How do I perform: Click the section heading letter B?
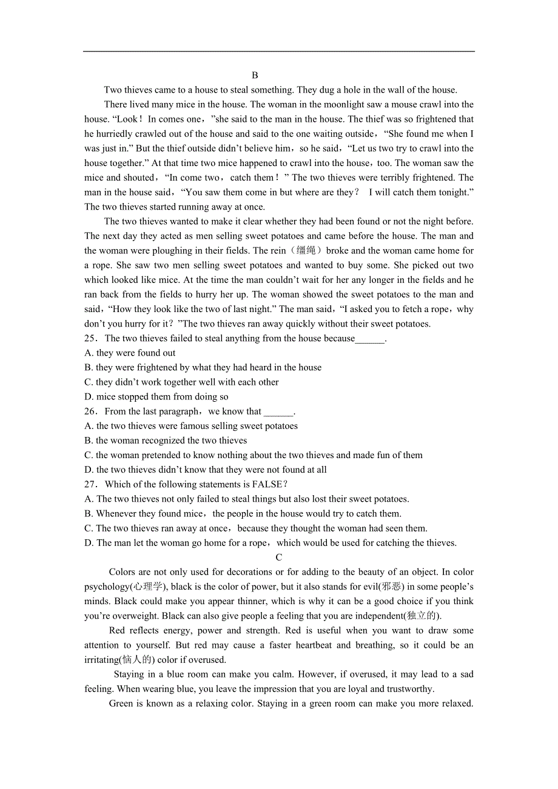pyautogui.click(x=255, y=75)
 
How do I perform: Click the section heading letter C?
pyautogui.click(x=279, y=558)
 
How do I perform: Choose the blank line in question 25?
pyautogui.click(x=370, y=339)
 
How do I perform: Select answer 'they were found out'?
pyautogui.click(x=136, y=353)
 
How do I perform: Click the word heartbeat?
pyautogui.click(x=314, y=645)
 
